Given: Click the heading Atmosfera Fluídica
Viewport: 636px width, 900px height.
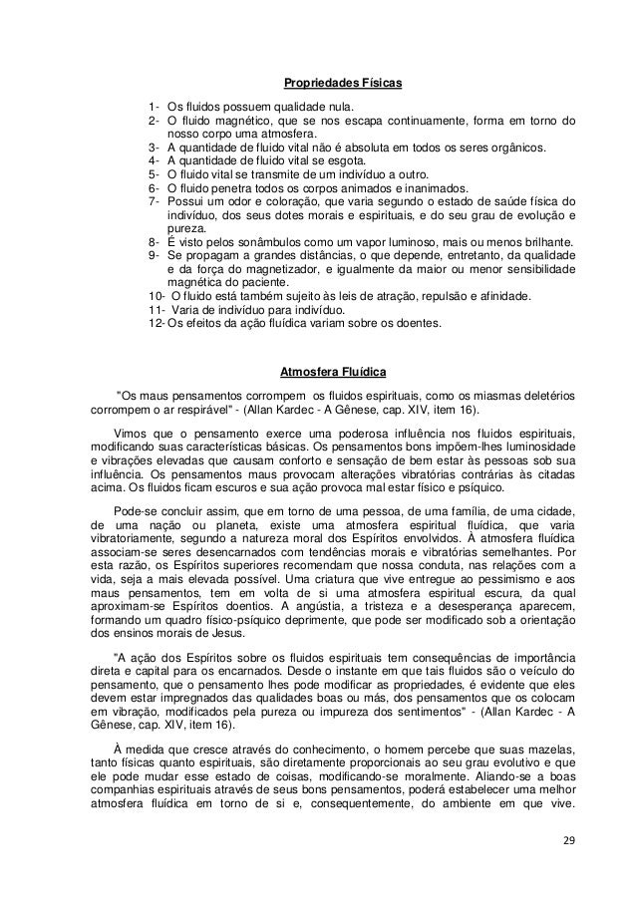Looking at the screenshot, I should (x=334, y=374).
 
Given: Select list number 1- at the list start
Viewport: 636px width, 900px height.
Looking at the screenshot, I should (x=155, y=106).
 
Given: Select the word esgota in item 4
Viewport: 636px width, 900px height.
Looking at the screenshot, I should (x=348, y=159).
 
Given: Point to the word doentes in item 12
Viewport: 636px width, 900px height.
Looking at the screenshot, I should (x=428, y=323).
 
